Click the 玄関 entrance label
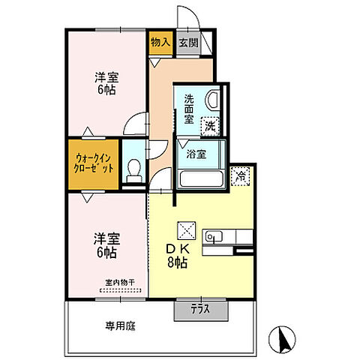pos(187,43)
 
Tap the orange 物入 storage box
pos(160,43)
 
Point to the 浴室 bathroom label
pos(197,154)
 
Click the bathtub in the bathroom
pos(200,179)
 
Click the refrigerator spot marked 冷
pos(240,176)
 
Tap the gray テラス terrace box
pos(198,308)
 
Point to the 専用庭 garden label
pos(120,327)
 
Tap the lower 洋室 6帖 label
pos(105,247)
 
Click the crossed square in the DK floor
pos(184,229)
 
